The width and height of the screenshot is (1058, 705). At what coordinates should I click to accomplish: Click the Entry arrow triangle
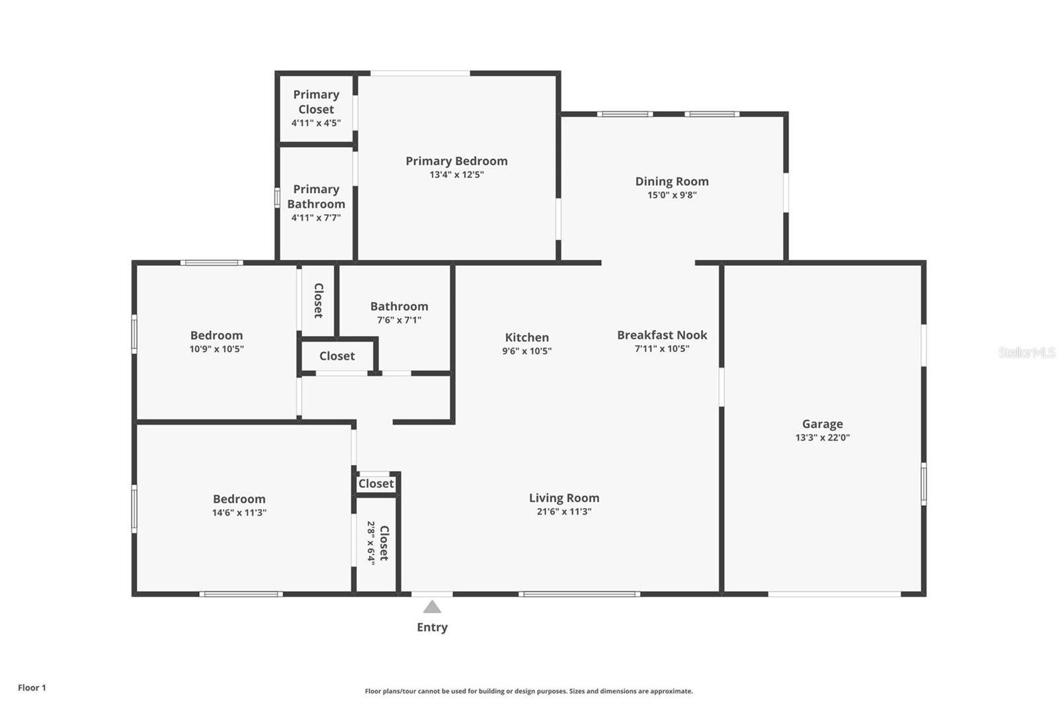432,607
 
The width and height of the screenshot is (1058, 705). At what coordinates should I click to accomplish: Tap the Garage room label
822,424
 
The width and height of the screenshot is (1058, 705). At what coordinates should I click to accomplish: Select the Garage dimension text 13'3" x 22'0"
822,437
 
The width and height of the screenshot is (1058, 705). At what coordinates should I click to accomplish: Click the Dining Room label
672,181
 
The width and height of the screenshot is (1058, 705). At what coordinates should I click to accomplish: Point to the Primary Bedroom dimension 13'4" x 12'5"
456,175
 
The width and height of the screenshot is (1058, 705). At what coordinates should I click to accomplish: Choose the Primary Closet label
316,102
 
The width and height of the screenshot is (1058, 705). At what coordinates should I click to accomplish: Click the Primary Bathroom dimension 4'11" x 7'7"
316,218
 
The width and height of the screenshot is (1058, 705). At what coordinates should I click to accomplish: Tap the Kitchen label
526,337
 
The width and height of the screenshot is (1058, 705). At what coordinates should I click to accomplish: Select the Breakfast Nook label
662,335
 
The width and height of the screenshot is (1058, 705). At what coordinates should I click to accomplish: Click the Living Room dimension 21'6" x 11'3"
564,511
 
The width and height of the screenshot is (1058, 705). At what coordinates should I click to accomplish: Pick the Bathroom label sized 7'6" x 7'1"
399,306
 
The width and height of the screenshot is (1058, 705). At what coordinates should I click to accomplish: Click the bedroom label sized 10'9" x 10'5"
216,335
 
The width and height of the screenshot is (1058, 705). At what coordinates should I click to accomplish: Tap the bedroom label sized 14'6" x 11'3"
239,499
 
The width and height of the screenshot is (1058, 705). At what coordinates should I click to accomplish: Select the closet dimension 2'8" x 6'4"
371,542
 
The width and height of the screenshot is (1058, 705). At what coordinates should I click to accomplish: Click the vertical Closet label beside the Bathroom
318,300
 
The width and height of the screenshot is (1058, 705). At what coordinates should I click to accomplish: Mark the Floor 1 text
32,688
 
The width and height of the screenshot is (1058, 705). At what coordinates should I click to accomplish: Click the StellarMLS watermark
1026,352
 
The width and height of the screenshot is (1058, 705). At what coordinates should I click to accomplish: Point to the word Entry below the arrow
432,627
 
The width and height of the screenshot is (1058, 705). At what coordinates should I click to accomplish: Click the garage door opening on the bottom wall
834,594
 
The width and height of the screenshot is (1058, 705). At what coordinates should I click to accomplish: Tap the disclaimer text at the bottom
528,691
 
